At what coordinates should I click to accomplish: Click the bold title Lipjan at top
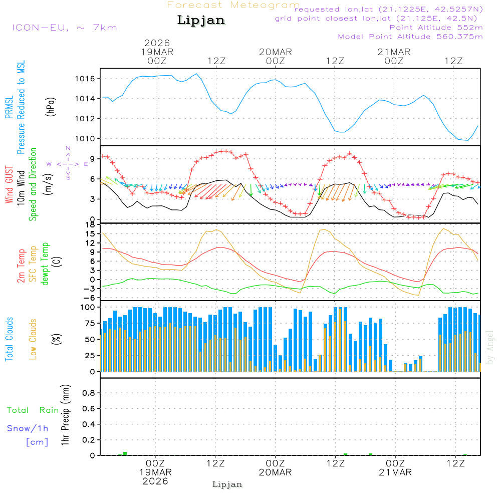coord(201,21)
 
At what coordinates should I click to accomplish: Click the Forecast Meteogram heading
coord(233,5)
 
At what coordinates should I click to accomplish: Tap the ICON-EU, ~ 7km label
coord(64,28)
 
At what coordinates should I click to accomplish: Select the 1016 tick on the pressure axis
coord(85,79)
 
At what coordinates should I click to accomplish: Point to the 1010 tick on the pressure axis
coord(85,138)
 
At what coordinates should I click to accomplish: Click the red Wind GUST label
coord(10,185)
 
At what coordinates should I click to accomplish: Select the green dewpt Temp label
coord(46,264)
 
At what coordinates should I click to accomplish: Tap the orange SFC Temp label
coord(34,264)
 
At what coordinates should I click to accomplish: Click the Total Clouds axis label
coord(10,339)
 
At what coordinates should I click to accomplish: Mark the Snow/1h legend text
coord(28,428)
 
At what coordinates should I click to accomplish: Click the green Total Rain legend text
coord(33,410)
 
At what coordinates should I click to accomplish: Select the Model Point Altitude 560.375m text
coord(410,37)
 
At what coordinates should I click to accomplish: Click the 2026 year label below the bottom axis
coord(155,481)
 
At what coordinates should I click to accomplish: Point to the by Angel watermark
coord(490,347)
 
